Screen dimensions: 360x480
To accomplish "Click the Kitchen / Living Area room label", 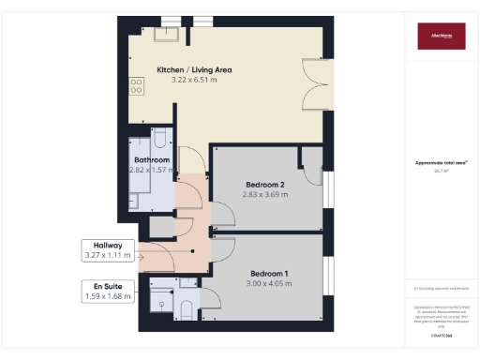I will (x=194, y=69).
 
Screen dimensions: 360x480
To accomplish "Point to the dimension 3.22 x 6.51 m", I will (x=194, y=81).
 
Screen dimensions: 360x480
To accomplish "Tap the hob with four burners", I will (x=137, y=84).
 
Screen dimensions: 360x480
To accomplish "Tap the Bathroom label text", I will (x=151, y=160).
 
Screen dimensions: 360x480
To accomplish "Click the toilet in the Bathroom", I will (x=159, y=140).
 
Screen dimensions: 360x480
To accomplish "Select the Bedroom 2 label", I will (x=266, y=184).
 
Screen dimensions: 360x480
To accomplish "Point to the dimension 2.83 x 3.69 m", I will (x=266, y=195).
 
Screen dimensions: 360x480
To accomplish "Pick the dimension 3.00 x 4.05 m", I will (x=267, y=283).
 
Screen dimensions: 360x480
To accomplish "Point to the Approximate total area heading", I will (x=440, y=163).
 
